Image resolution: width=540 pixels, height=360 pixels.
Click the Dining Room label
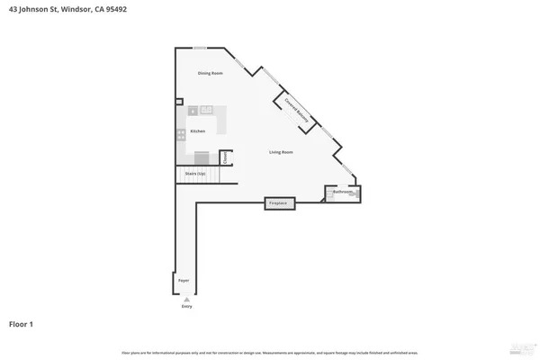210,73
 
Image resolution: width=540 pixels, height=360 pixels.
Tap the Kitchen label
198,130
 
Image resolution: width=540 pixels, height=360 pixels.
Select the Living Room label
281,152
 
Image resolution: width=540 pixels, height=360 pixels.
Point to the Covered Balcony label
299,111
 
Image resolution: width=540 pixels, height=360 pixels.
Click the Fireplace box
279,203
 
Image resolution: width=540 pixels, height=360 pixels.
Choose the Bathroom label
342,192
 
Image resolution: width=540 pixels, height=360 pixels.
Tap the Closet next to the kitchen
226,157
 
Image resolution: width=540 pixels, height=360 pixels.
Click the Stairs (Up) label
195,173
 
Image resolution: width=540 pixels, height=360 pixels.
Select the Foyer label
183,282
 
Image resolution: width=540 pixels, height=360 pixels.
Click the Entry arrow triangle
187,299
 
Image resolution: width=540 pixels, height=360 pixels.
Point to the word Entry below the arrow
187,307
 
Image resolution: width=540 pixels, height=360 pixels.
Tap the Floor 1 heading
22,324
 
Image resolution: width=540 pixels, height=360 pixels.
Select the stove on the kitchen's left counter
182,134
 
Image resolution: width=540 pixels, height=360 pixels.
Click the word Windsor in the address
78,11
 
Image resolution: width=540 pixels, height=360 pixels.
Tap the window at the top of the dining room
199,48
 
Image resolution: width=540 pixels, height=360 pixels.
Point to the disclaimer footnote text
270,352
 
